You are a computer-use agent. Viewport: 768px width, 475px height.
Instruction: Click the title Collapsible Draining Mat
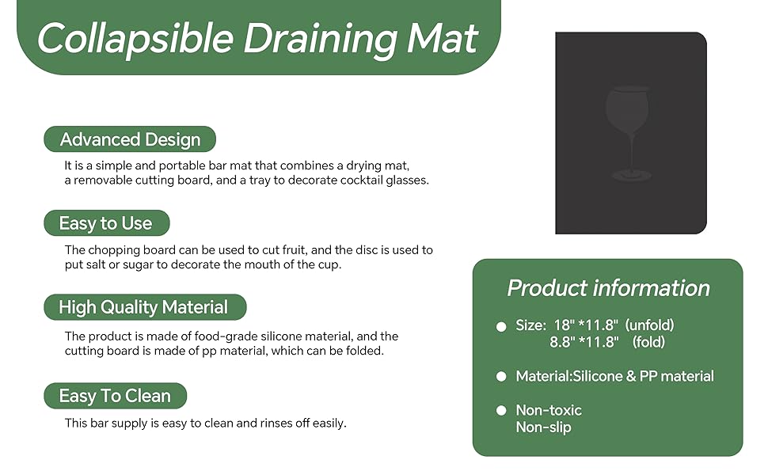click(x=257, y=38)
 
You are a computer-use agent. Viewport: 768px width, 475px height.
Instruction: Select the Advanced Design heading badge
click(x=130, y=140)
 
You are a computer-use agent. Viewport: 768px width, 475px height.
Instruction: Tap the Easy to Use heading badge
click(x=106, y=223)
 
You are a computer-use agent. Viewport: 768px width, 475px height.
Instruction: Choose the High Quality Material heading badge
click(x=143, y=307)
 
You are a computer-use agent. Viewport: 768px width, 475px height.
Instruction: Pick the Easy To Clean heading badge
click(x=115, y=396)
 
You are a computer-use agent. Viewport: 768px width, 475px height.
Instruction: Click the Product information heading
click(x=608, y=288)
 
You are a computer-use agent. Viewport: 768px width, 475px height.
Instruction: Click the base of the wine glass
click(x=632, y=175)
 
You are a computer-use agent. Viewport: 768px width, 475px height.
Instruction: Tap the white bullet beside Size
click(x=500, y=326)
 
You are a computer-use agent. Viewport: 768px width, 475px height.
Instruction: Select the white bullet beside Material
click(x=500, y=377)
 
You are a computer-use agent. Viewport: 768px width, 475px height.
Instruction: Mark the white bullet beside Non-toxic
click(x=500, y=410)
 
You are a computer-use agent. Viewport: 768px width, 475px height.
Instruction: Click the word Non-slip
click(x=543, y=427)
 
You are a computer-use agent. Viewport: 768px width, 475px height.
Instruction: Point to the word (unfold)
click(x=649, y=325)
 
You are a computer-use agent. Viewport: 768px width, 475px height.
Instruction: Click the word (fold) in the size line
click(x=648, y=342)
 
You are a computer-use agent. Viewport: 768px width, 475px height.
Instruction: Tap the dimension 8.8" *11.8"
click(x=584, y=342)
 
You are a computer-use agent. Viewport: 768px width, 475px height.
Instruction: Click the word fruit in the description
click(x=300, y=250)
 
